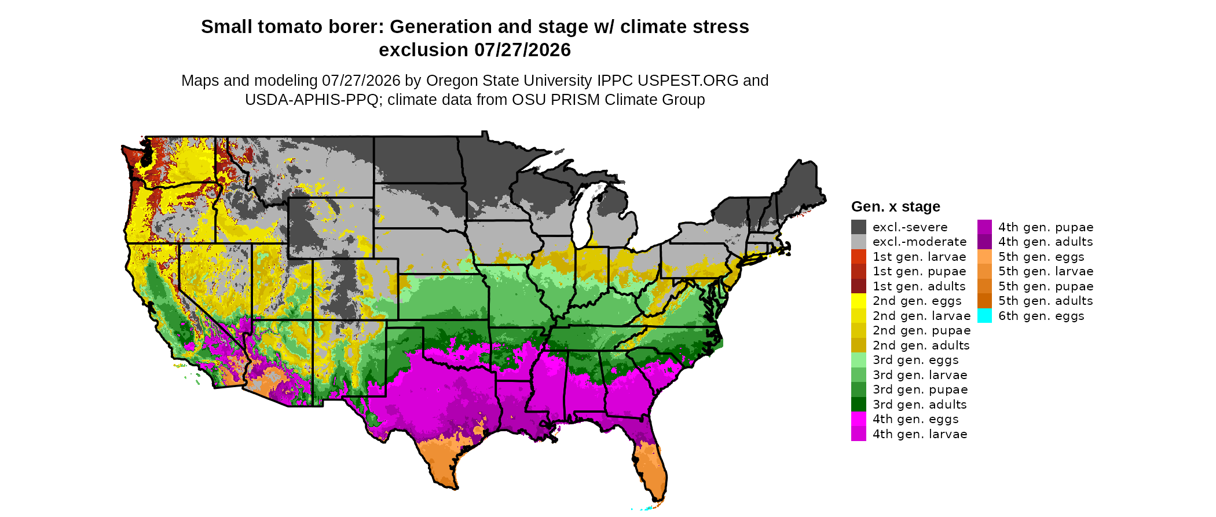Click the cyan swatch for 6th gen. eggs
[x=984, y=316]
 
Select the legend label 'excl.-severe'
[x=910, y=227]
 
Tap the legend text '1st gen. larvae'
[x=920, y=257]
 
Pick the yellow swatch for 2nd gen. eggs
[x=859, y=301]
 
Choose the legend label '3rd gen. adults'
[x=920, y=405]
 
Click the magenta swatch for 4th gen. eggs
[x=859, y=419]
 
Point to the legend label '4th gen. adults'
[x=1046, y=242]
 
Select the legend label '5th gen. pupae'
[x=1046, y=286]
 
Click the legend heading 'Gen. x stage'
[x=896, y=207]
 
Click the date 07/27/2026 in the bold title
[x=523, y=50]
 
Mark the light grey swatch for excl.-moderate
[x=859, y=242]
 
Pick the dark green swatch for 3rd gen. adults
[x=859, y=405]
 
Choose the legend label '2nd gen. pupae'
[x=921, y=330]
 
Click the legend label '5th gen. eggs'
[x=1041, y=257]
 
